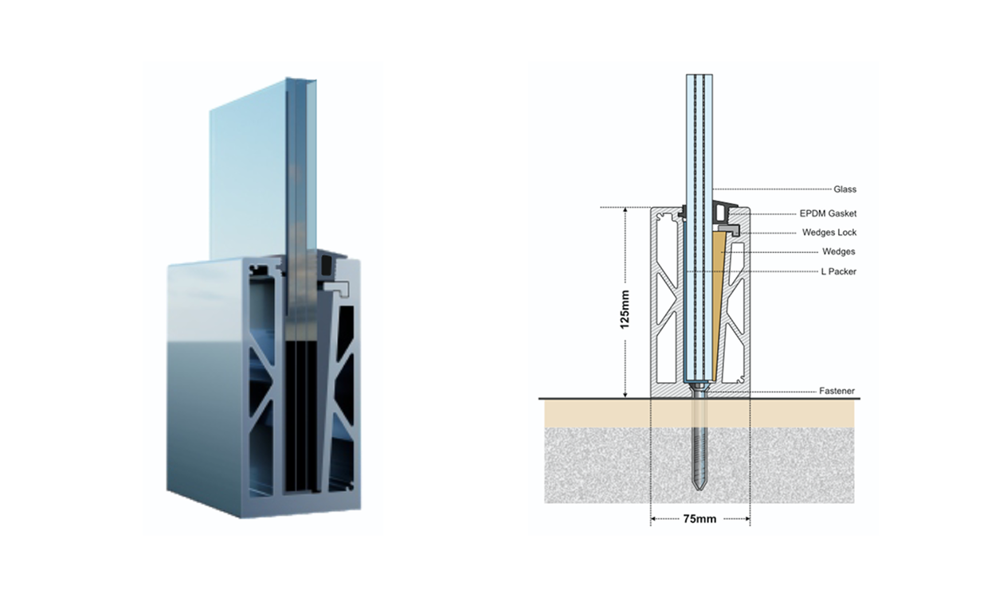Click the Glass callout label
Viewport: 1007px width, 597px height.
point(844,189)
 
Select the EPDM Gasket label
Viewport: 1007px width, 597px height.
point(828,214)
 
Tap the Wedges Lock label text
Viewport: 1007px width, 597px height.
point(829,232)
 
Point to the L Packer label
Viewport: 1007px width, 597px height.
point(838,271)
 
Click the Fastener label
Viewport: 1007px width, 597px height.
point(837,392)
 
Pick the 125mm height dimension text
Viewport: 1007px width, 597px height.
point(625,310)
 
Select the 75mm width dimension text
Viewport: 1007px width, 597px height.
point(699,519)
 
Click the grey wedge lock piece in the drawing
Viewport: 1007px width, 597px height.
point(731,230)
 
